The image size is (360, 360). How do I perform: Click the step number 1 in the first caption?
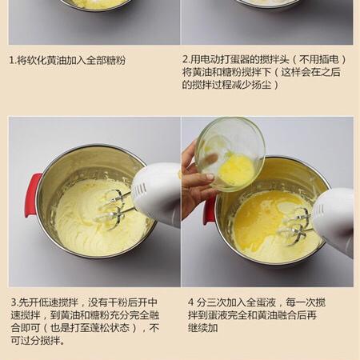11,60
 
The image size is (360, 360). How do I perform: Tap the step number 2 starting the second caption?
185,60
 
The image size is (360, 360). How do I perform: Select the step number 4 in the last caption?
191,303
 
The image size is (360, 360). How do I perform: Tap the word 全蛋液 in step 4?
260,303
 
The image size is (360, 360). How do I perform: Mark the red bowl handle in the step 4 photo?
209,210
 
